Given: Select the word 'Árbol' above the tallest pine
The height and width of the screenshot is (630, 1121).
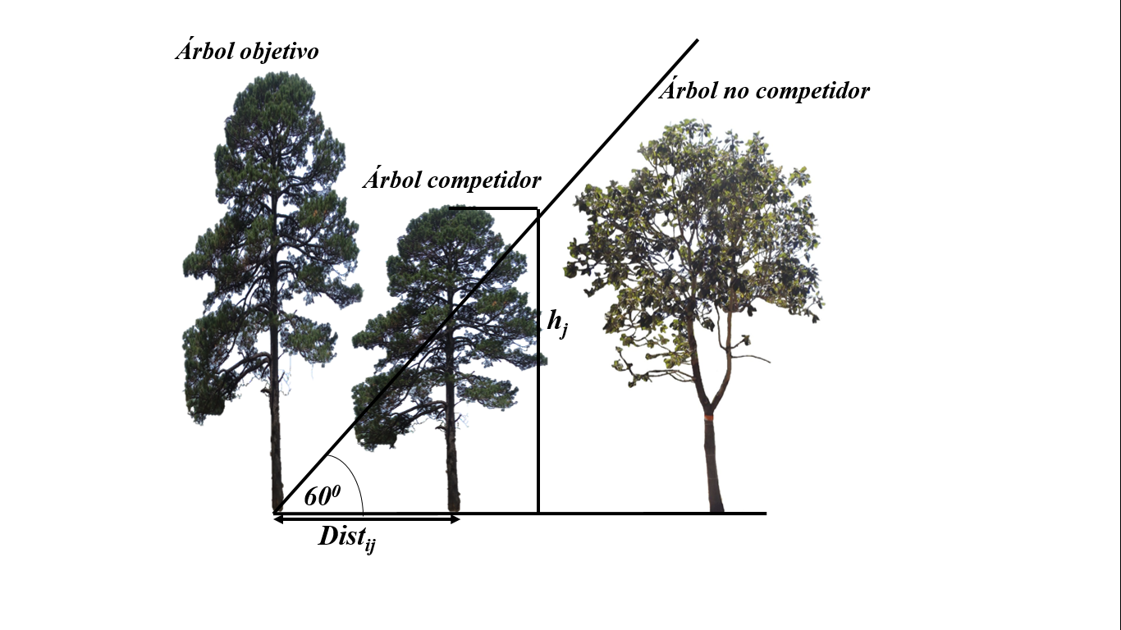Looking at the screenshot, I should point(201,52).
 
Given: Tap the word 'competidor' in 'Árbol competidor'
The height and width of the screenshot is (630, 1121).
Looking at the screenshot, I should point(490,180).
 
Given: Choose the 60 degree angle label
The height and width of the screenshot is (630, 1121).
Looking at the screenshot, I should point(322,496).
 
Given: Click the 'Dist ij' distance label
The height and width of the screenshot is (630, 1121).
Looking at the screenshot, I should point(347,538).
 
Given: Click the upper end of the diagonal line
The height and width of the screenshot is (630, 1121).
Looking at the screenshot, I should point(696,40).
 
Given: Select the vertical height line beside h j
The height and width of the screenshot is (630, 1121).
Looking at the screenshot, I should point(538,410).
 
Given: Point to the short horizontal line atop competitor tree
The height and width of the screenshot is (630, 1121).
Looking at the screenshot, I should point(492,208).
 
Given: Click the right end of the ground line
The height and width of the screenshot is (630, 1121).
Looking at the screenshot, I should point(763,514).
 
